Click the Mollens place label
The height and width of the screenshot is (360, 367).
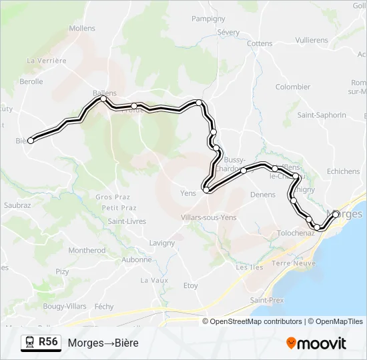pyautogui.click(x=82, y=29)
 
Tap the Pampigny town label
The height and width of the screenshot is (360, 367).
pyautogui.click(x=208, y=19)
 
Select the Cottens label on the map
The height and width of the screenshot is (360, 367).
pyautogui.click(x=260, y=43)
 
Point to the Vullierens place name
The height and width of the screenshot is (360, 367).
pyautogui.click(x=312, y=40)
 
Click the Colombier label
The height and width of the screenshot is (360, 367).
pyautogui.click(x=293, y=87)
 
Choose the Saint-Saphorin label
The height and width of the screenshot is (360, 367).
pyautogui.click(x=322, y=115)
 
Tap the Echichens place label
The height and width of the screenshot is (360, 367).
pyautogui.click(x=344, y=171)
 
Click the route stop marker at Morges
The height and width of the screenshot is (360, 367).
pyautogui.click(x=336, y=214)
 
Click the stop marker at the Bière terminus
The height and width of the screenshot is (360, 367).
pyautogui.click(x=30, y=140)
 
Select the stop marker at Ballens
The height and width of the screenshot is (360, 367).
pyautogui.click(x=103, y=99)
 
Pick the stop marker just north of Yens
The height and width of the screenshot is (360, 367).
pyautogui.click(x=207, y=190)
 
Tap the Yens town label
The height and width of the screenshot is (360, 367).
pyautogui.click(x=188, y=194)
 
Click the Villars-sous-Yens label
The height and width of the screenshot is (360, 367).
pyautogui.click(x=209, y=217)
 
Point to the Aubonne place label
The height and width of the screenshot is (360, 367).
pyautogui.click(x=137, y=260)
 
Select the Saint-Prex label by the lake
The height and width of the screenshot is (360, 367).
pyautogui.click(x=267, y=300)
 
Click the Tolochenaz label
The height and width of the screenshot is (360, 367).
pyautogui.click(x=296, y=233)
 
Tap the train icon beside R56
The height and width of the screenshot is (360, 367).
pyautogui.click(x=30, y=342)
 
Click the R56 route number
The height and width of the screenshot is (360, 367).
pyautogui.click(x=48, y=342)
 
